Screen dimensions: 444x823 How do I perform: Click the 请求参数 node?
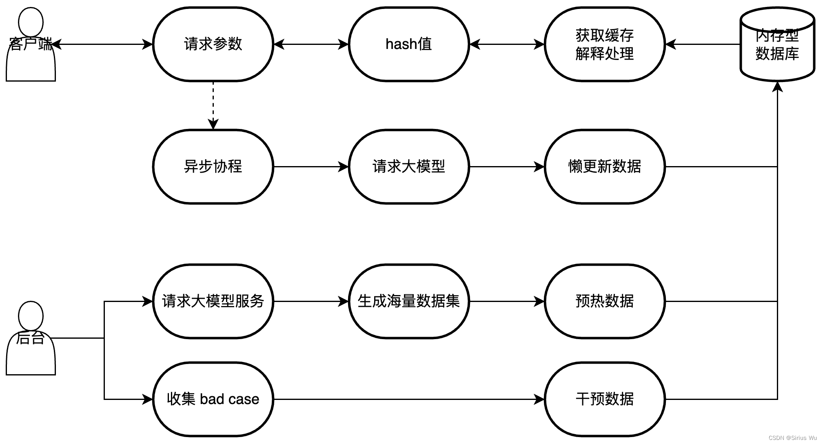(x=213, y=44)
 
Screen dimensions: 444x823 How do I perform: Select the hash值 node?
(x=408, y=44)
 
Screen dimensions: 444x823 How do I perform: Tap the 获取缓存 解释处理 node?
(x=604, y=44)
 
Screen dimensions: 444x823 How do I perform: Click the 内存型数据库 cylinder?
(x=777, y=45)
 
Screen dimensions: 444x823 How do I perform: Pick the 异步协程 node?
(x=213, y=166)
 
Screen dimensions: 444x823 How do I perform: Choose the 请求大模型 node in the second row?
(x=408, y=166)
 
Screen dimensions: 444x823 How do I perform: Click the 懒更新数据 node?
(x=604, y=166)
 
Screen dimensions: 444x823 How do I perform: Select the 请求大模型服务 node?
(x=213, y=301)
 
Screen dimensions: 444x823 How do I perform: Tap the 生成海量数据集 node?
(x=408, y=301)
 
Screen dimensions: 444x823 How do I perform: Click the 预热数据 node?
(x=604, y=301)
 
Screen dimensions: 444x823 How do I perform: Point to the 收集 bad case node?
(x=213, y=399)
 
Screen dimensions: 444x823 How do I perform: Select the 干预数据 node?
(x=604, y=399)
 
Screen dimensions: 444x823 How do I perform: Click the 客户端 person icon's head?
(x=31, y=21)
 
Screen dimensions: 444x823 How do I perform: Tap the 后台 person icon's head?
(x=31, y=315)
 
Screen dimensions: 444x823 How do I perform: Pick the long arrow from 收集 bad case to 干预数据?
(x=408, y=399)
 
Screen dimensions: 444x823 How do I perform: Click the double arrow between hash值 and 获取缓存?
(x=507, y=44)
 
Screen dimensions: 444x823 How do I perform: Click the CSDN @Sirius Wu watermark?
(x=792, y=437)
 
